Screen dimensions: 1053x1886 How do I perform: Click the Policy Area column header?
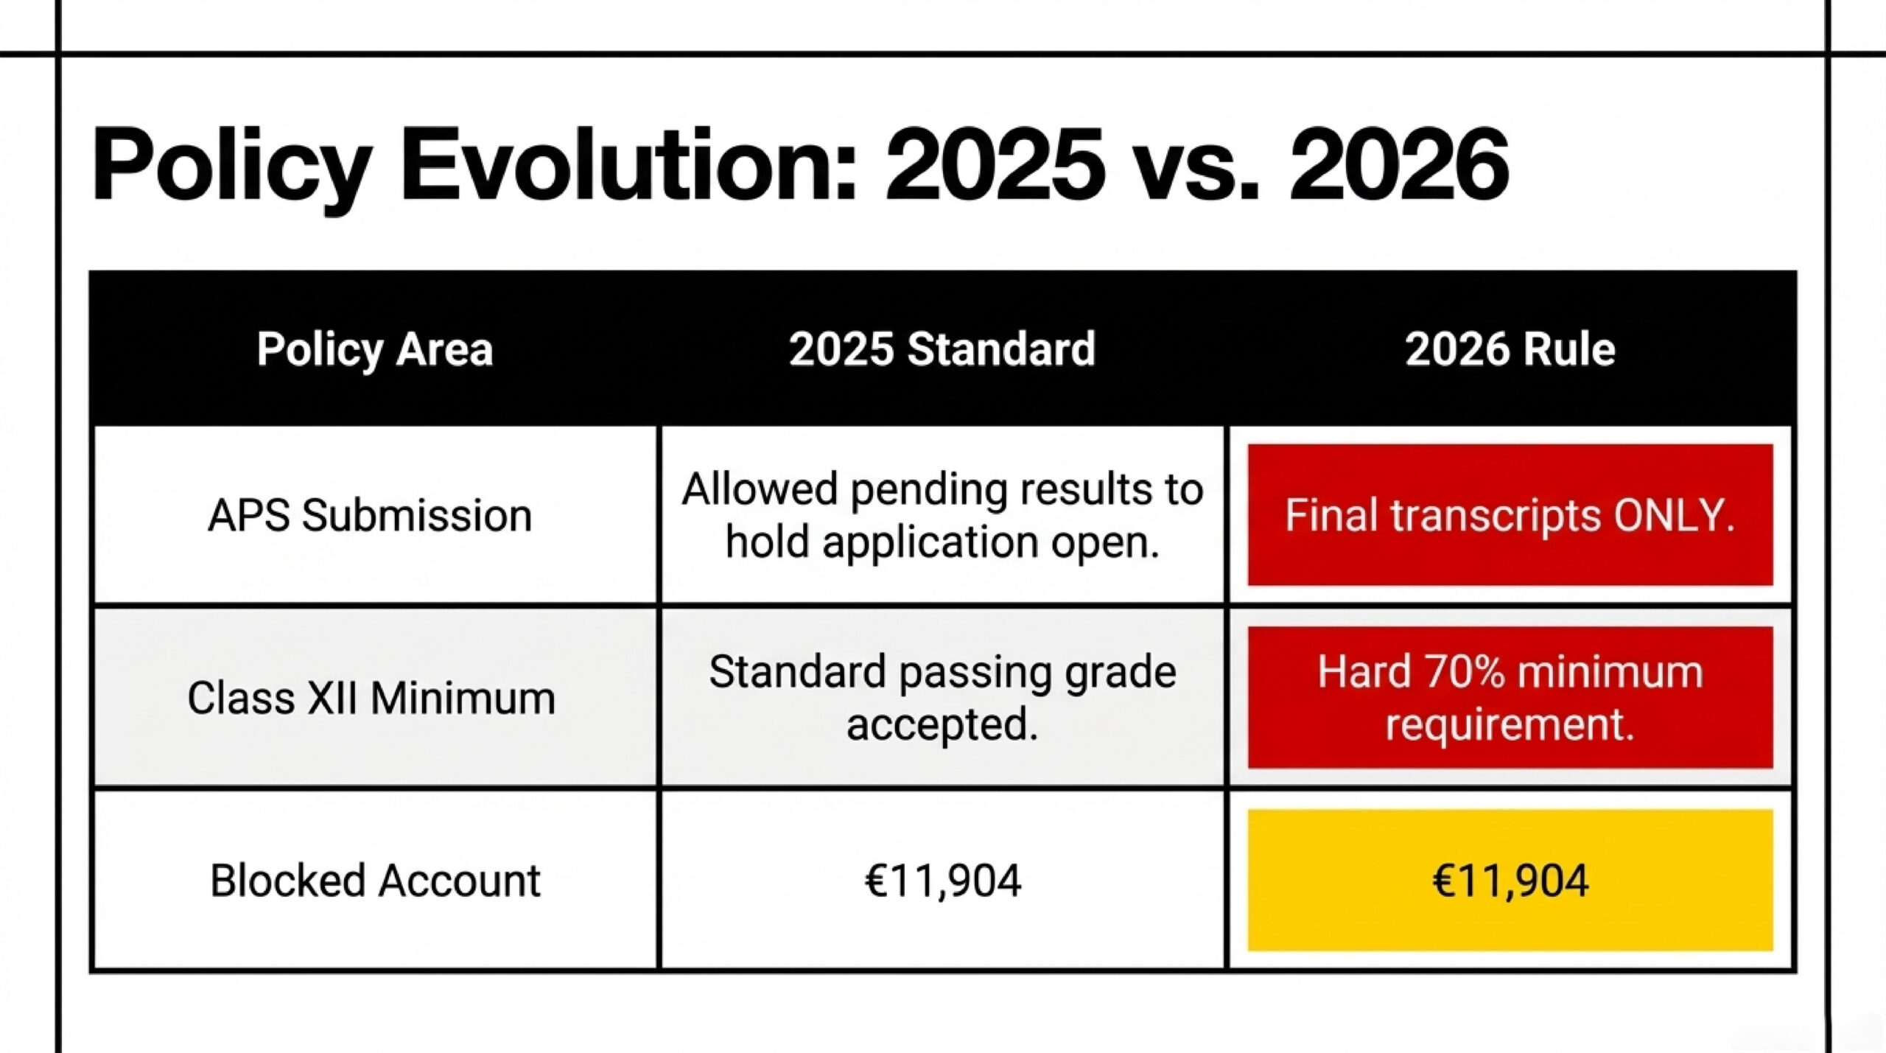(x=374, y=349)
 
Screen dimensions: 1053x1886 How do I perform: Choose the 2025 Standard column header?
(x=942, y=349)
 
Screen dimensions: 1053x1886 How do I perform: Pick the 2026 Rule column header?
(x=1510, y=349)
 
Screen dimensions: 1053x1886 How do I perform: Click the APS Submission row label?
(x=370, y=515)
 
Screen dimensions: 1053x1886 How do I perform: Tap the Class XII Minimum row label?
(x=371, y=698)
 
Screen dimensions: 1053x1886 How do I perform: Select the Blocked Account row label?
(x=375, y=881)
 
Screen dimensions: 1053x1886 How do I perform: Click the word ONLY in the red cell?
(x=1674, y=515)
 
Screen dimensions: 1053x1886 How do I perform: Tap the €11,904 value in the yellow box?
(x=1510, y=881)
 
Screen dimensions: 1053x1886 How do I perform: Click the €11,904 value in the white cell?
(x=942, y=881)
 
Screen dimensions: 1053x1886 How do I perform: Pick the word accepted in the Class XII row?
(x=942, y=724)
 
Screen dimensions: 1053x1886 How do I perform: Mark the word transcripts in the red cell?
(x=1496, y=515)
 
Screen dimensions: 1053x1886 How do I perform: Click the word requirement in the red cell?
(x=1510, y=724)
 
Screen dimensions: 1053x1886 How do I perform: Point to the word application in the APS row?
(x=930, y=543)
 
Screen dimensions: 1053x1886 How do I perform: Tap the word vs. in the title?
(x=1197, y=167)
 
